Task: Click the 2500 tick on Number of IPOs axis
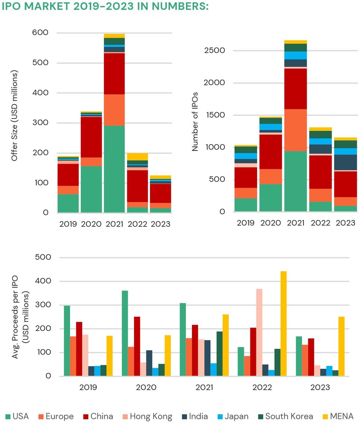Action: (216, 50)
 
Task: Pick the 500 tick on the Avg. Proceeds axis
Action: (42, 258)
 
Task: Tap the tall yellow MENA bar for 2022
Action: (283, 323)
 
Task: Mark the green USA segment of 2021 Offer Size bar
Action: (114, 169)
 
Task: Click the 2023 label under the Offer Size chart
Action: (160, 224)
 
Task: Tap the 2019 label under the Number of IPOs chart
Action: (246, 223)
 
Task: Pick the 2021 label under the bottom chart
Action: (204, 388)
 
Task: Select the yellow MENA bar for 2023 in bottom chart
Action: (341, 346)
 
